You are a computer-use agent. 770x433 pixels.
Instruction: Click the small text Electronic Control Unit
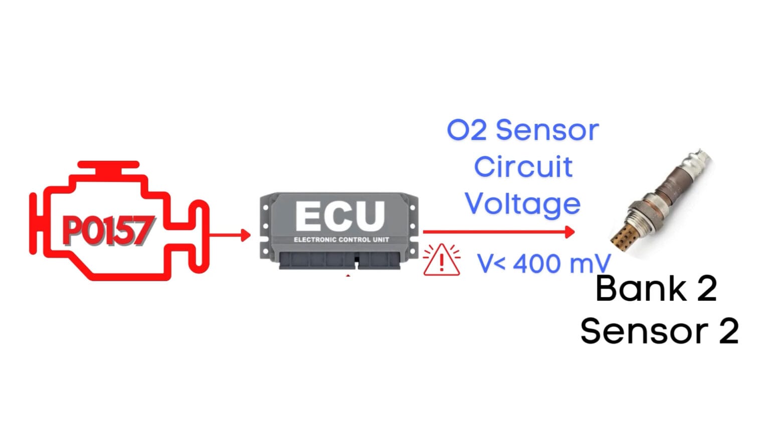341,240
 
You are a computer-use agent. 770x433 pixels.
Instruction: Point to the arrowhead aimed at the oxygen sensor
569,232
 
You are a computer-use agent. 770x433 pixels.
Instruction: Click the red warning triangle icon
441,261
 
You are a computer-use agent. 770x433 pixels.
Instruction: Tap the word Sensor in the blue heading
547,130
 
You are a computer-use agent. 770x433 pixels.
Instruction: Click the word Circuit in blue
523,167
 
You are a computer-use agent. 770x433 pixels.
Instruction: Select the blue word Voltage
523,204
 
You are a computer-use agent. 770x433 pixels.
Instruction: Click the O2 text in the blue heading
466,130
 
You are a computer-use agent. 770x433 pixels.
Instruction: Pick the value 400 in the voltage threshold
538,263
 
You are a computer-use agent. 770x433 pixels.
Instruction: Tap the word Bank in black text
641,289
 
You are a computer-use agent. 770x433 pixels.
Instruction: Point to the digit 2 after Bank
706,289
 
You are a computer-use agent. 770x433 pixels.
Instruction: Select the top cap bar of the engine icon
108,164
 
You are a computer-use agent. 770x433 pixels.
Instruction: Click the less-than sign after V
499,264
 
